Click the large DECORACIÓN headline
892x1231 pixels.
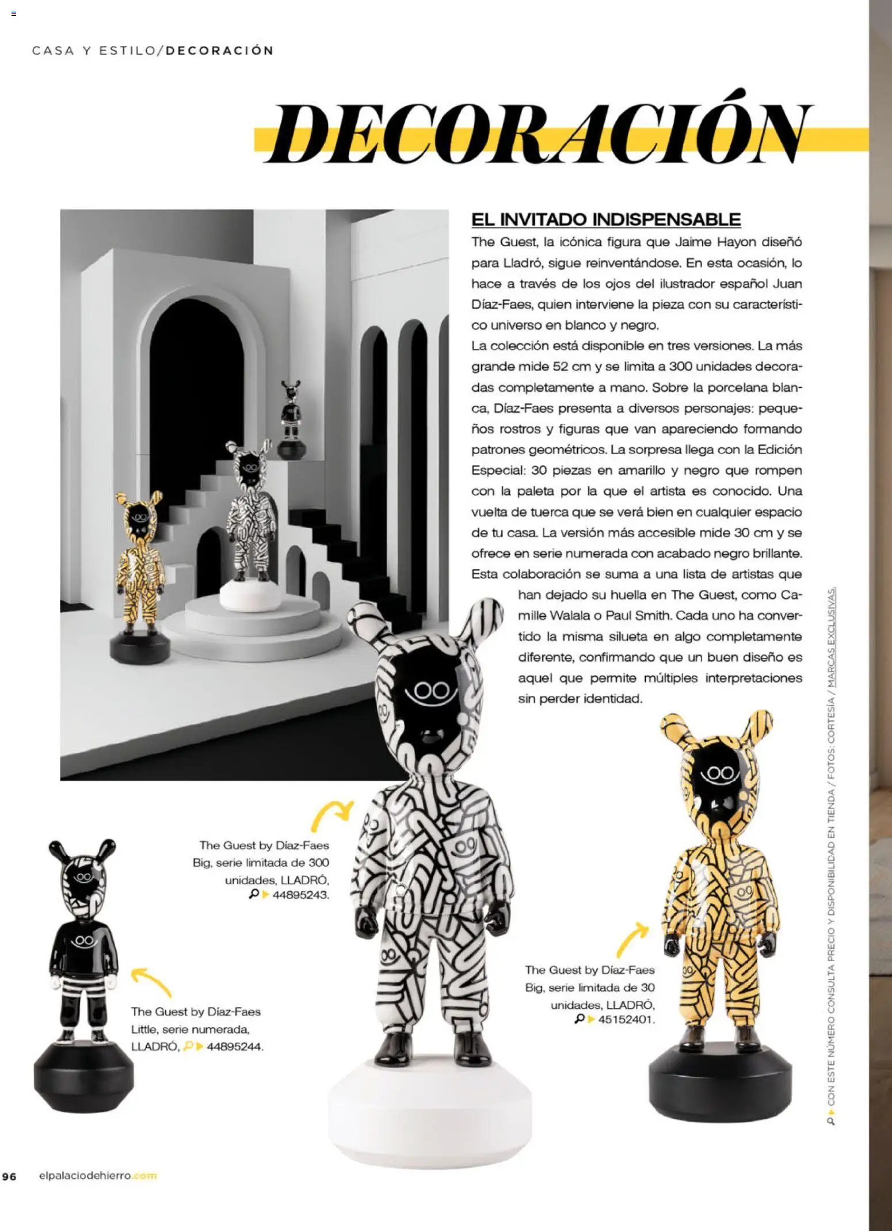541,134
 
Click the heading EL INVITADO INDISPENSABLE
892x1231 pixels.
605,219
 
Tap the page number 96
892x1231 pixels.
9,1176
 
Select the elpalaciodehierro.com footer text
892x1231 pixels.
97,1176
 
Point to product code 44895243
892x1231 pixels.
300,895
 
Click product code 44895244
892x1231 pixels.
234,1046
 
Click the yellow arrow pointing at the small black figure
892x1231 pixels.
151,980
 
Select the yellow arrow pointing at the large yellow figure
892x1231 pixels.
631,937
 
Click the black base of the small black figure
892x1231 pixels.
83,1073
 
